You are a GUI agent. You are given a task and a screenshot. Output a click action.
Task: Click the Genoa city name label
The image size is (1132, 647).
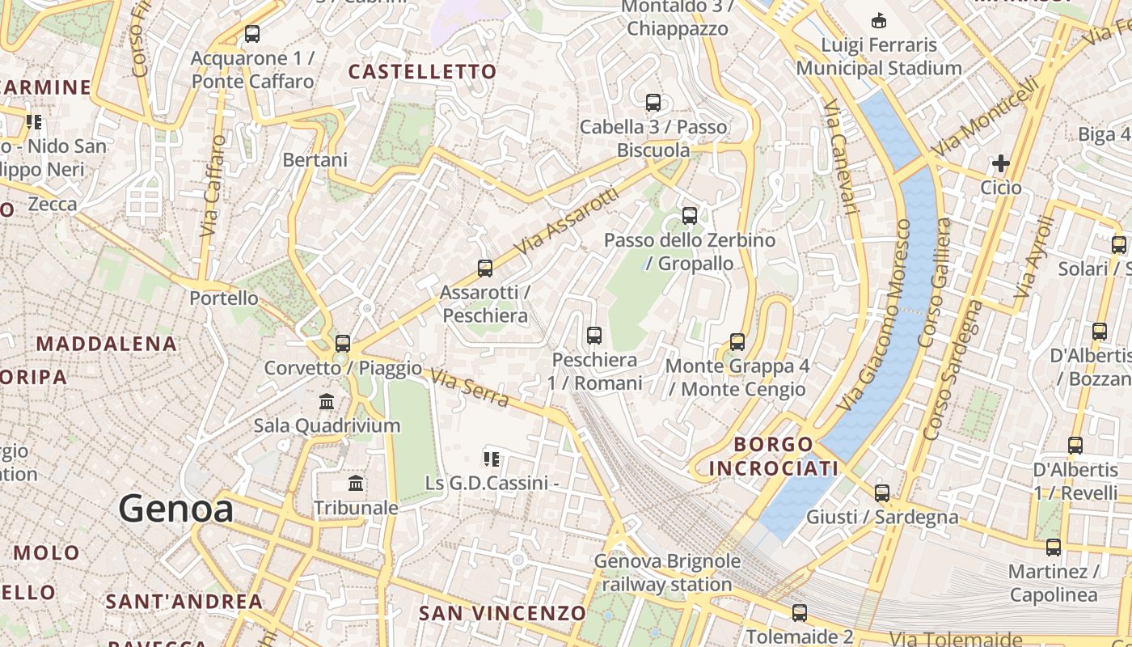coord(176,509)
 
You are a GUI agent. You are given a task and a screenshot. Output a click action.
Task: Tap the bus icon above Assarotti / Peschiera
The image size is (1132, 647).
coord(485,268)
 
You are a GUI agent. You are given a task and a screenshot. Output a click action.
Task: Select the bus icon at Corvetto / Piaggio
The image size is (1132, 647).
coord(343,343)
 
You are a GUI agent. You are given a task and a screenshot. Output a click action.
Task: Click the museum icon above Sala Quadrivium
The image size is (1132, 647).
coord(327,401)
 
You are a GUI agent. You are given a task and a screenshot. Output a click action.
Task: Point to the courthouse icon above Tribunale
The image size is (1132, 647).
coord(355,484)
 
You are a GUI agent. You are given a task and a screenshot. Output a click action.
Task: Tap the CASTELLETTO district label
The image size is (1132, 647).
coord(422,72)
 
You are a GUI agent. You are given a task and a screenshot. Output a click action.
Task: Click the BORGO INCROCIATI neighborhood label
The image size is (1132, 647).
coord(762,456)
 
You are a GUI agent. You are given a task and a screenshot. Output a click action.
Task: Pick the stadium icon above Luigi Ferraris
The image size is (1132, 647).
coord(878,20)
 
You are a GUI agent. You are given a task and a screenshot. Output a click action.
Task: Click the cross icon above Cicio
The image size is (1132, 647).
coord(1001,163)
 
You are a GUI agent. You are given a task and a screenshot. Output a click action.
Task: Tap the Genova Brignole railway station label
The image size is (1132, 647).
coord(667,572)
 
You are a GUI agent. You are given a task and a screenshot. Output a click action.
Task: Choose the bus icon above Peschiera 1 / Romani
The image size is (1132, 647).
coord(594,335)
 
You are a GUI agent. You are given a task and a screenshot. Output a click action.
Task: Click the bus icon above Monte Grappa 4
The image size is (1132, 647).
coord(737,341)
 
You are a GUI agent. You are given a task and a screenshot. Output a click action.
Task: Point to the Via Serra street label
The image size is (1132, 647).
coord(469,388)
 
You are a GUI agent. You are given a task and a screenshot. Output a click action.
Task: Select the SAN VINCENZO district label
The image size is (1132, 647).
coord(501,613)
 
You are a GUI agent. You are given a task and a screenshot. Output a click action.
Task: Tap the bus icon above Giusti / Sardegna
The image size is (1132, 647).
coord(882,493)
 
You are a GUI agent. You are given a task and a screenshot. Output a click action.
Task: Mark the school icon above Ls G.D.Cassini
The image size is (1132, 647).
coord(491,459)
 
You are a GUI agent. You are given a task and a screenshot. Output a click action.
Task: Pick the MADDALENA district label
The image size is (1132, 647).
coord(106,344)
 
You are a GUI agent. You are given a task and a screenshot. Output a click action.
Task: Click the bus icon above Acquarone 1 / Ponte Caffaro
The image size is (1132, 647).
coord(252,34)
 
